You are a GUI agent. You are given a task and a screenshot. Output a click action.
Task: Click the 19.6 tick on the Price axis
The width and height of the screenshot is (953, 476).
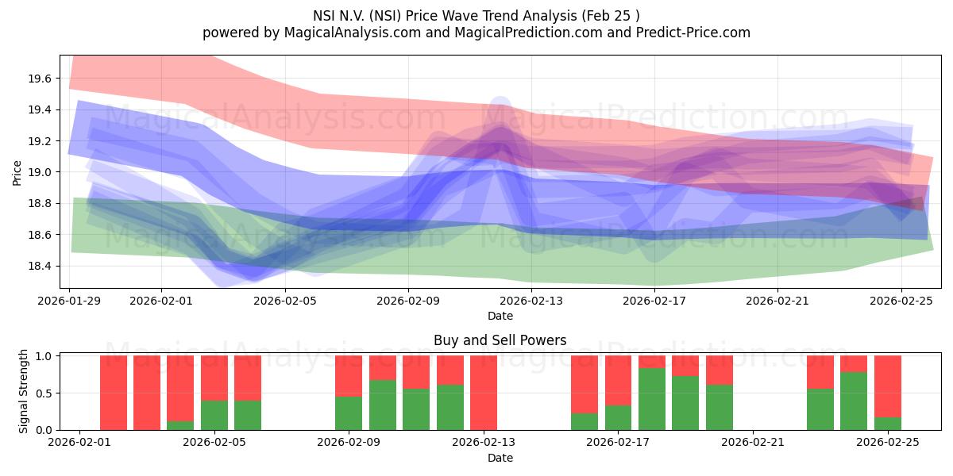tap(41, 79)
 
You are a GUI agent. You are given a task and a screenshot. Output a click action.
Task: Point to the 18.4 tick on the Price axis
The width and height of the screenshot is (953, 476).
tap(41, 266)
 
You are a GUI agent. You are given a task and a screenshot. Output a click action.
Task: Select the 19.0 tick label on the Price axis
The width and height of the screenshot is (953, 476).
tap(41, 172)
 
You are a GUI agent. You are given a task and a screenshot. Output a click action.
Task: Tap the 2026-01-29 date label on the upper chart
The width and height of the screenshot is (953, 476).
tap(70, 301)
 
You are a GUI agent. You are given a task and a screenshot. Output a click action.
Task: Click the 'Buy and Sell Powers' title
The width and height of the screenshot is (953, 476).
tap(500, 340)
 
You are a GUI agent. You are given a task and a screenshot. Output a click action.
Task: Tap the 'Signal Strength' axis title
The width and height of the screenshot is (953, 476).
tap(24, 391)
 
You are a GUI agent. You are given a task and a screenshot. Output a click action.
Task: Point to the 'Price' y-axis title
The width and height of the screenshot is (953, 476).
tap(17, 171)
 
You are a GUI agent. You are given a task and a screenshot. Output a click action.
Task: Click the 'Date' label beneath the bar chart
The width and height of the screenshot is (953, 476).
tap(500, 458)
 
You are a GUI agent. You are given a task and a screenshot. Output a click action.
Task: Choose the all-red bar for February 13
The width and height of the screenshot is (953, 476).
tap(484, 393)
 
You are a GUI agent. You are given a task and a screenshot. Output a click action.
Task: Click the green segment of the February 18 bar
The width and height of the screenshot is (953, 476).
tap(652, 399)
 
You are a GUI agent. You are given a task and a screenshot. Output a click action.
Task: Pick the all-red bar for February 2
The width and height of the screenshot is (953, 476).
tap(114, 393)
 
